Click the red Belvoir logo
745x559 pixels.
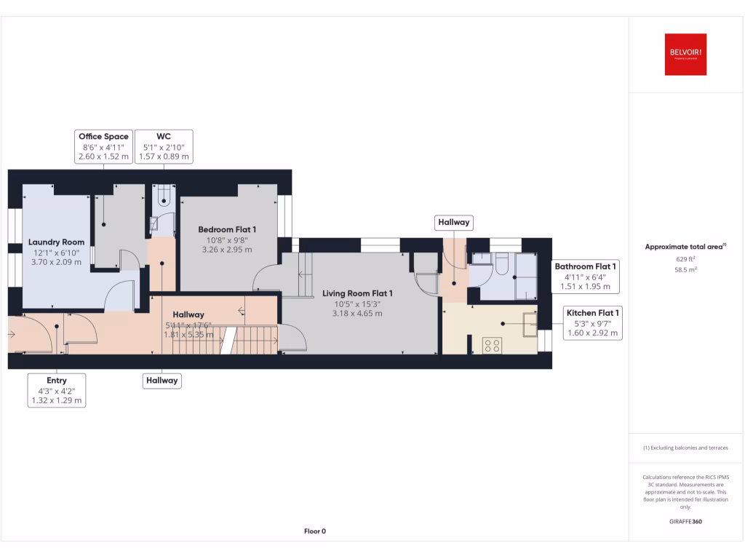click(x=685, y=55)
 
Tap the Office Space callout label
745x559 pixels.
click(x=103, y=146)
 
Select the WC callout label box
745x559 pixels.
click(x=164, y=146)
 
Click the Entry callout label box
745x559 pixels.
click(x=57, y=390)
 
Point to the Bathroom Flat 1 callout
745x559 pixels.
click(x=586, y=277)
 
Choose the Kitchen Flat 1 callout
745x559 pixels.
click(x=592, y=323)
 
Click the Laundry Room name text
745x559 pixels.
click(x=56, y=242)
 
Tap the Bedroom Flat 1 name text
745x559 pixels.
click(x=227, y=229)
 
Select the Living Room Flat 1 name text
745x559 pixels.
click(x=357, y=293)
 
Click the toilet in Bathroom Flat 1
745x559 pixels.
click(x=501, y=263)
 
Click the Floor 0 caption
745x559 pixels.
click(x=315, y=531)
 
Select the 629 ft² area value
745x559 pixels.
click(x=685, y=258)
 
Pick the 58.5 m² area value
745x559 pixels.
click(x=685, y=269)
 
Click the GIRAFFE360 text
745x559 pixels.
click(x=685, y=521)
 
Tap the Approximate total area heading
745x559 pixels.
click(x=684, y=247)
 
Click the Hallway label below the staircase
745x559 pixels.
click(x=161, y=380)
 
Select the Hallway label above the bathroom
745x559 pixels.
click(x=453, y=223)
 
